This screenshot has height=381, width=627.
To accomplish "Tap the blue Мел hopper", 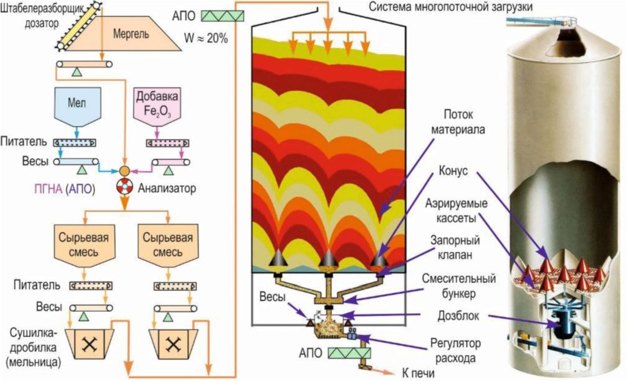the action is (76, 105).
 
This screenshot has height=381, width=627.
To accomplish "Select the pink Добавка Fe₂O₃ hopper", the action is (157, 104).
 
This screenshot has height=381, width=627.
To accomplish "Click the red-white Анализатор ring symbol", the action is (124, 186).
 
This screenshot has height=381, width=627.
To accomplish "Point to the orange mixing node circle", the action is (125, 171).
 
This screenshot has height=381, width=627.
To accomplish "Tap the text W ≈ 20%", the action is (206, 38).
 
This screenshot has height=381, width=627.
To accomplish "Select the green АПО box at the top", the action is (222, 16).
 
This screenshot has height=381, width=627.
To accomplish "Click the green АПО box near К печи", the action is (349, 353).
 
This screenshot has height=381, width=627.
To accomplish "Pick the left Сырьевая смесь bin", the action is (84, 246).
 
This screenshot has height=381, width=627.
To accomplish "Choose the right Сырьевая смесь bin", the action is (168, 246).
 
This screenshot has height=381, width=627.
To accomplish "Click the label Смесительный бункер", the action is (459, 286).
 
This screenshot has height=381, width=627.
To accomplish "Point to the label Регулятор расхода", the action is (455, 350).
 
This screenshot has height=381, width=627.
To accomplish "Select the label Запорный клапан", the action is (455, 247).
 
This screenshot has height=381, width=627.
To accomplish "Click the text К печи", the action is (418, 373).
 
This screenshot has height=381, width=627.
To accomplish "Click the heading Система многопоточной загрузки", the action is (451, 7).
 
